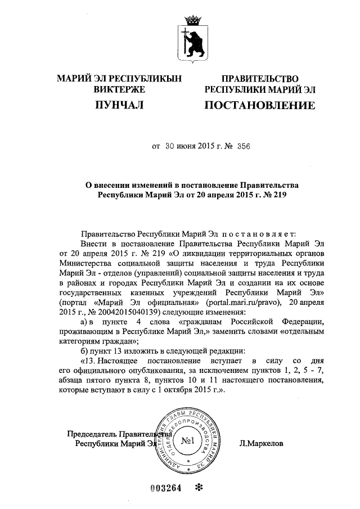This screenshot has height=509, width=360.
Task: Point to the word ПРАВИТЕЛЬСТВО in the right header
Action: point(259,79)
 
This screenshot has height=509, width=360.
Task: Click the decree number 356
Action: point(243,146)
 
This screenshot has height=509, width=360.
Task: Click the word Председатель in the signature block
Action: point(92,434)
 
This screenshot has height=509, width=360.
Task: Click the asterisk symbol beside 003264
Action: point(197,487)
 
